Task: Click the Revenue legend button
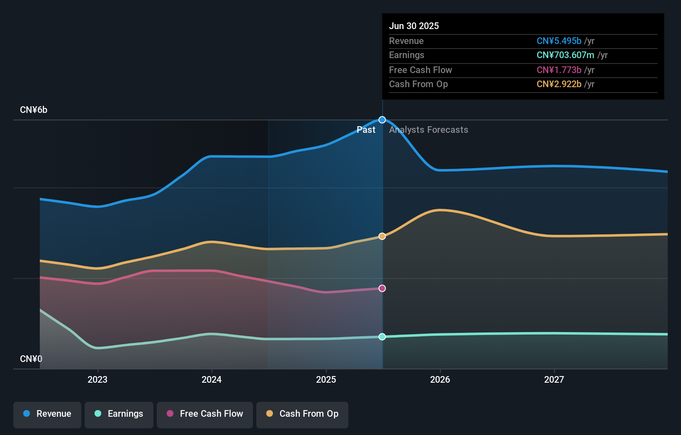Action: [x=47, y=414]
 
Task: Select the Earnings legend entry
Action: [x=119, y=414]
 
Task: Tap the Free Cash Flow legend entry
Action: [x=205, y=414]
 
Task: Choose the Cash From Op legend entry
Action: [x=302, y=414]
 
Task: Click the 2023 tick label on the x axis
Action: [x=97, y=379]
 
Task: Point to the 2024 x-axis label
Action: [x=212, y=379]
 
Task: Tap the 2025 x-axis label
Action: [x=326, y=379]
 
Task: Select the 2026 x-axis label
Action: [x=440, y=379]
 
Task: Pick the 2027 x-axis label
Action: [x=554, y=379]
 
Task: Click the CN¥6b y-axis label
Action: [x=34, y=110]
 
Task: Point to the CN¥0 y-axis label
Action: [x=31, y=359]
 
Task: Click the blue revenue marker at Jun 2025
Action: [x=382, y=120]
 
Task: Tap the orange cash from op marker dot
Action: [x=382, y=236]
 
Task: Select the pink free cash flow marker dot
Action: [x=382, y=288]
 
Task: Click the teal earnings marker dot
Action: [x=382, y=337]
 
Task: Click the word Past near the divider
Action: [x=366, y=130]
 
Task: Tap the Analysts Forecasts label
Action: [x=428, y=130]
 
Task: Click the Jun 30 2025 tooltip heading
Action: [x=414, y=26]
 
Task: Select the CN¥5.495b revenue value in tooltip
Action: [x=559, y=41]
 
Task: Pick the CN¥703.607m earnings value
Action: [x=565, y=55]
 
